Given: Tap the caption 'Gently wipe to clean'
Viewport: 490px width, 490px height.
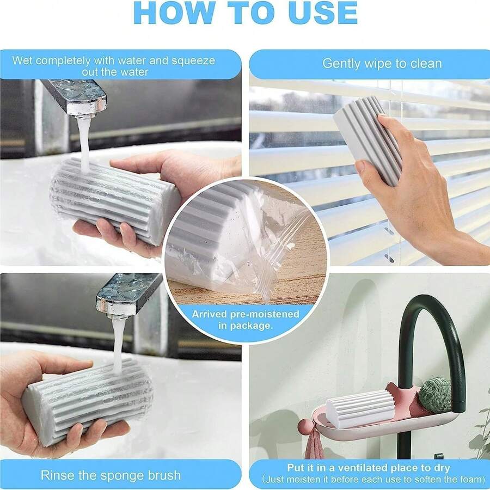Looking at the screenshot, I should tap(382, 63).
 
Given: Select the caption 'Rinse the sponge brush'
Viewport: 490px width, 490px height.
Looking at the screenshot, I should tap(111, 475).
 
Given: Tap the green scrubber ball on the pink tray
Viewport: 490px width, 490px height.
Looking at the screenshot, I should tap(435, 395).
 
